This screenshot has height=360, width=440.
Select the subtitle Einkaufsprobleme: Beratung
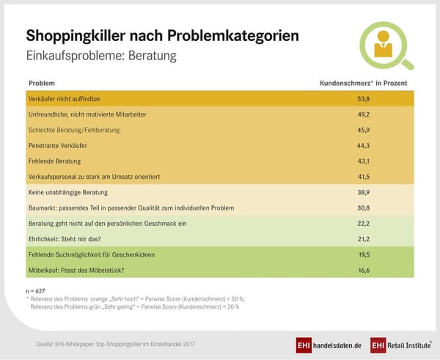100,56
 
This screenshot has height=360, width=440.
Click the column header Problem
41,83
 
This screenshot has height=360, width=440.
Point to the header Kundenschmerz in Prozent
362,83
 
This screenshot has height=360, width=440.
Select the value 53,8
362,98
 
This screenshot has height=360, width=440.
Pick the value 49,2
362,114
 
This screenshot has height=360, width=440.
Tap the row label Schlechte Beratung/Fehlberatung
73,130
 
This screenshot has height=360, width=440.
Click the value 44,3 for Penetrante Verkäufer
362,145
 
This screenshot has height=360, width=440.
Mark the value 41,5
362,177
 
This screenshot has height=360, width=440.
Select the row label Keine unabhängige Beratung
68,192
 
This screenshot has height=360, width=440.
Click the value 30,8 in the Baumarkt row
362,207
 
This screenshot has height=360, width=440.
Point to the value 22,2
362,223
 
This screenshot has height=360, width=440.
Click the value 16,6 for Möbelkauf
362,270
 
